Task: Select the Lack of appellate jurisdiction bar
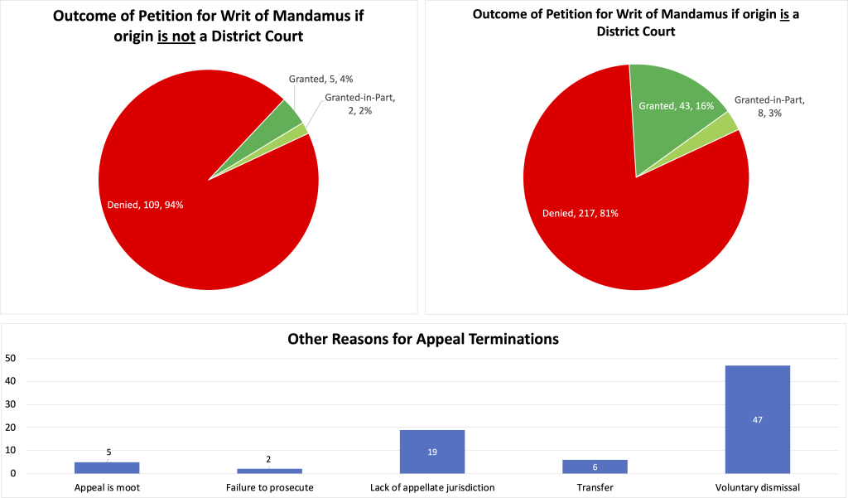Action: [x=431, y=452]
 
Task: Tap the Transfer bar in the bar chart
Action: [x=595, y=467]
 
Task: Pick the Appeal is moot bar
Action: [x=106, y=467]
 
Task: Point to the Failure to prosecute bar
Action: [x=268, y=471]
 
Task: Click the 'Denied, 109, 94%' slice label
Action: [x=147, y=205]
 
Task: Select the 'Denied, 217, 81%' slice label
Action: [x=580, y=213]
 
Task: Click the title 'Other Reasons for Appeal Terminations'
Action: [x=423, y=339]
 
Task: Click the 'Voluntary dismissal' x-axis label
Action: [x=757, y=487]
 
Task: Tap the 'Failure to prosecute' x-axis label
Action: [x=269, y=487]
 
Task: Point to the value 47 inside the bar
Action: [x=757, y=419]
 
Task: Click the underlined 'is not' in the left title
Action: [x=176, y=38]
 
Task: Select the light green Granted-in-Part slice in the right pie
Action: [x=729, y=123]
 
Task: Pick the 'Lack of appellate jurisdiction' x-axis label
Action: [x=431, y=487]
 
